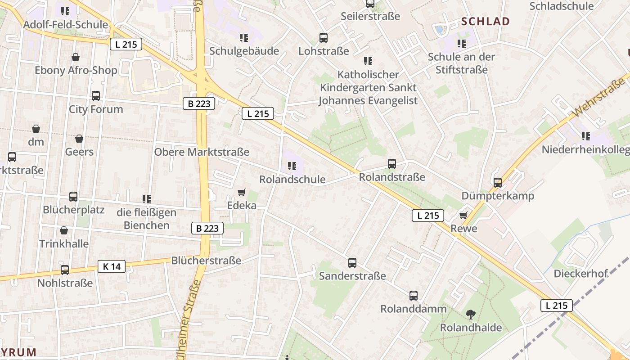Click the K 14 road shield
pyautogui.click(x=112, y=266)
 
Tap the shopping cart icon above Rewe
pyautogui.click(x=463, y=215)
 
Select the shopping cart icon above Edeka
pyautogui.click(x=242, y=193)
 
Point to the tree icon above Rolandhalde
pyautogui.click(x=471, y=314)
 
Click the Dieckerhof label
pyautogui.click(x=580, y=274)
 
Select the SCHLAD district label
pyautogui.click(x=486, y=21)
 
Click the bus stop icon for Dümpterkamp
pyautogui.click(x=498, y=182)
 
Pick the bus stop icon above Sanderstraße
pyautogui.click(x=352, y=262)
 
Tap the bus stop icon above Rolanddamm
pyautogui.click(x=414, y=296)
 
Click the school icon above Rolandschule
pyautogui.click(x=292, y=166)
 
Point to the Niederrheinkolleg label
pyautogui.click(x=585, y=149)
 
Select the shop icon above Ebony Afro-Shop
pyautogui.click(x=76, y=57)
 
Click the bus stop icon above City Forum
pyautogui.click(x=96, y=95)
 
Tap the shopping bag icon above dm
pyautogui.click(x=36, y=129)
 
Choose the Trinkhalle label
pyautogui.click(x=64, y=243)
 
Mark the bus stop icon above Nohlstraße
pyautogui.click(x=65, y=270)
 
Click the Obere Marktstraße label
pyautogui.click(x=202, y=152)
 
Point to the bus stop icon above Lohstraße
pyautogui.click(x=324, y=38)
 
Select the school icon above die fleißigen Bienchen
pyautogui.click(x=146, y=199)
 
